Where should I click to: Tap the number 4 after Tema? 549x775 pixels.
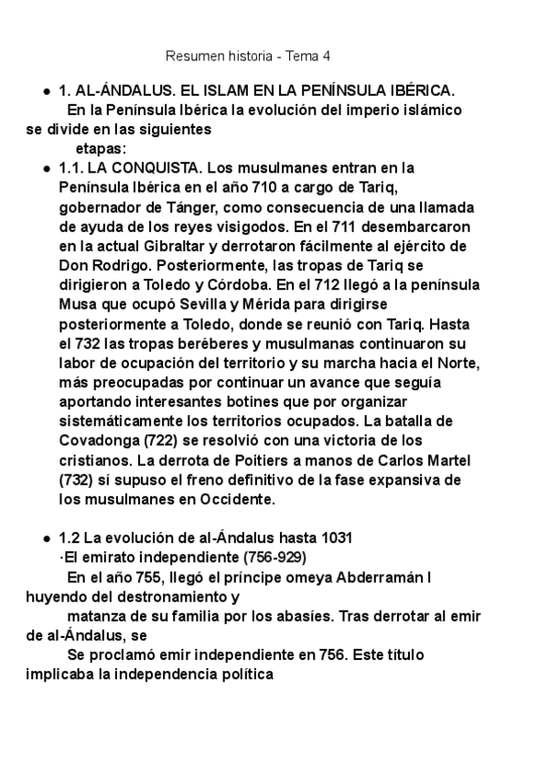pos(327,56)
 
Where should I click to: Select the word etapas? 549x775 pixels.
pos(101,147)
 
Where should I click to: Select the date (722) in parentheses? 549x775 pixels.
pos(154,441)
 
